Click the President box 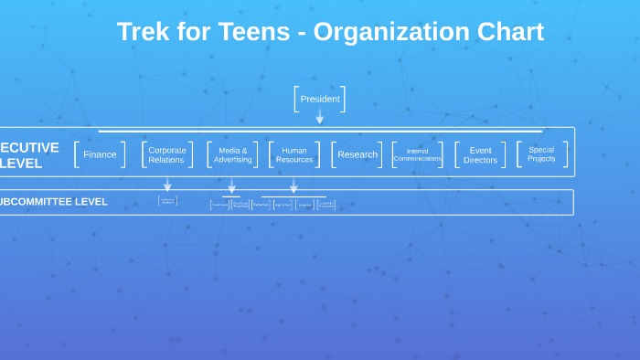319,99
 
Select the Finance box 100,154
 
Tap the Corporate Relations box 166,154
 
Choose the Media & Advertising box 232,154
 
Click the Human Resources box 294,154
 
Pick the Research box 357,154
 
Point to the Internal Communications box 417,154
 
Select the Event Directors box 480,154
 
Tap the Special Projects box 541,154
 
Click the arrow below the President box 319,117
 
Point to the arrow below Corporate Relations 167,185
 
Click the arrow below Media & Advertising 231,186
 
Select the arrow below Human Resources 293,186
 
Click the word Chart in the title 510,32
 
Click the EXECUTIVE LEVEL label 29,155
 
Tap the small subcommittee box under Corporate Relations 167,200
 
